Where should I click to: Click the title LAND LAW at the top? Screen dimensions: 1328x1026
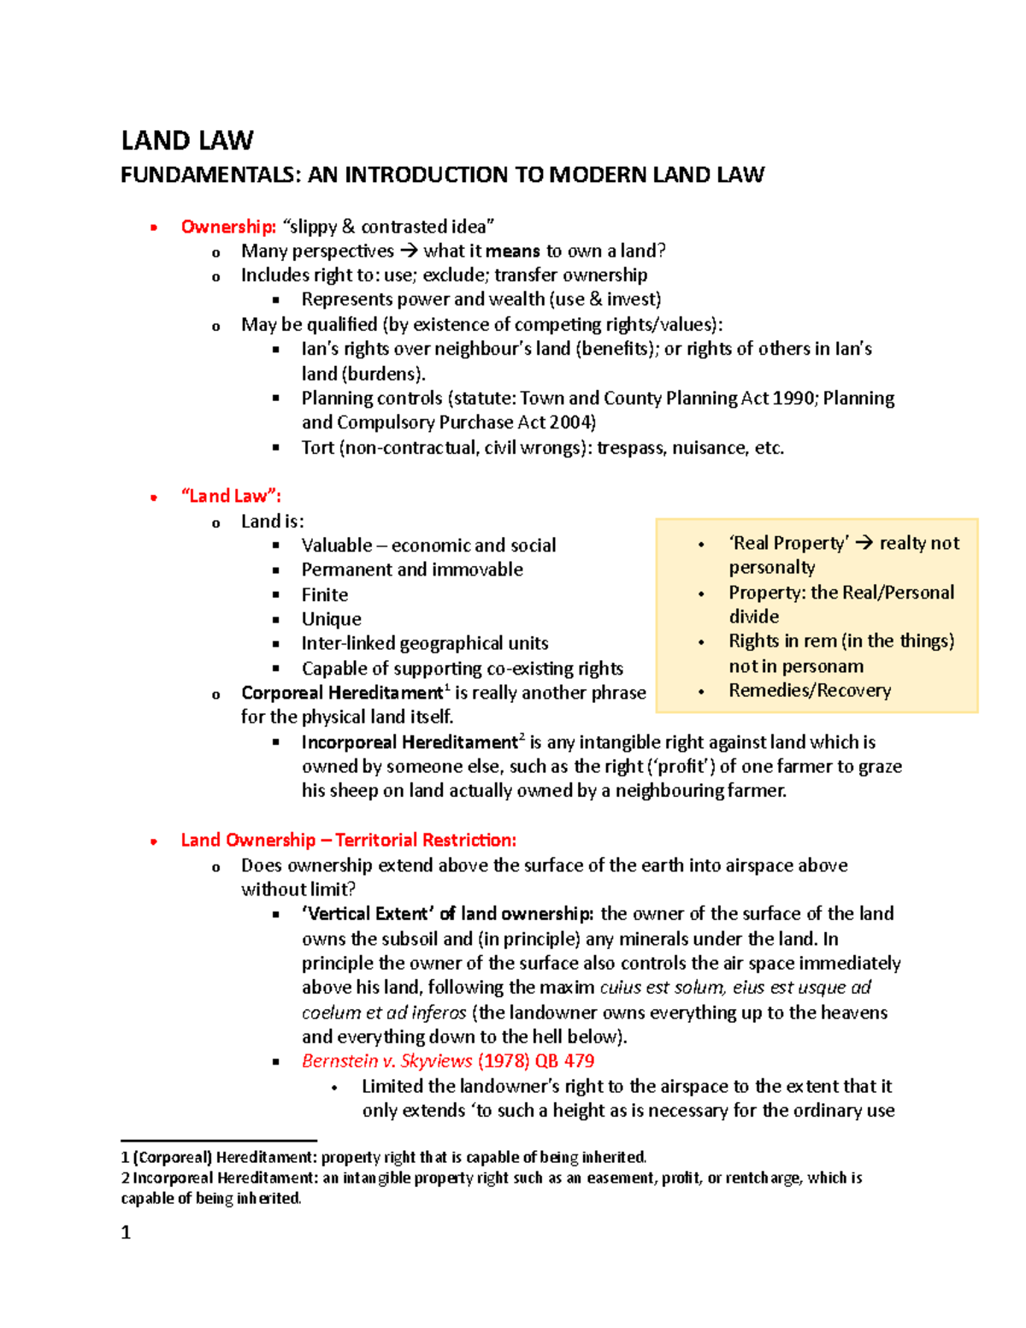point(187,140)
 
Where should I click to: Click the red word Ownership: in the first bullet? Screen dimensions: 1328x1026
point(228,227)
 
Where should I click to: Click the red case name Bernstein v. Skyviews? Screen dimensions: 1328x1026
point(386,1061)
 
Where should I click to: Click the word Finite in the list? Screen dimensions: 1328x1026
point(325,594)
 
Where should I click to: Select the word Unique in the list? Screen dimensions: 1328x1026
point(331,619)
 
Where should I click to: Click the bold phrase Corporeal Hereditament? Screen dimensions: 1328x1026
point(341,693)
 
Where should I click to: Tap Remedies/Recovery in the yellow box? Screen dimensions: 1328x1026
point(810,690)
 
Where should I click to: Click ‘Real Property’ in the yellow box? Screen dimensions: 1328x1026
point(788,543)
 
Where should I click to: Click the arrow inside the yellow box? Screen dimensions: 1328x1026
point(864,543)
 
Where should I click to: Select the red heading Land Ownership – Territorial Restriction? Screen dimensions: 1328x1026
point(348,840)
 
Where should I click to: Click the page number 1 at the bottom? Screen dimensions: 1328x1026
point(126,1232)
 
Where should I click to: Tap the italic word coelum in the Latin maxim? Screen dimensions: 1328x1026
point(330,1012)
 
